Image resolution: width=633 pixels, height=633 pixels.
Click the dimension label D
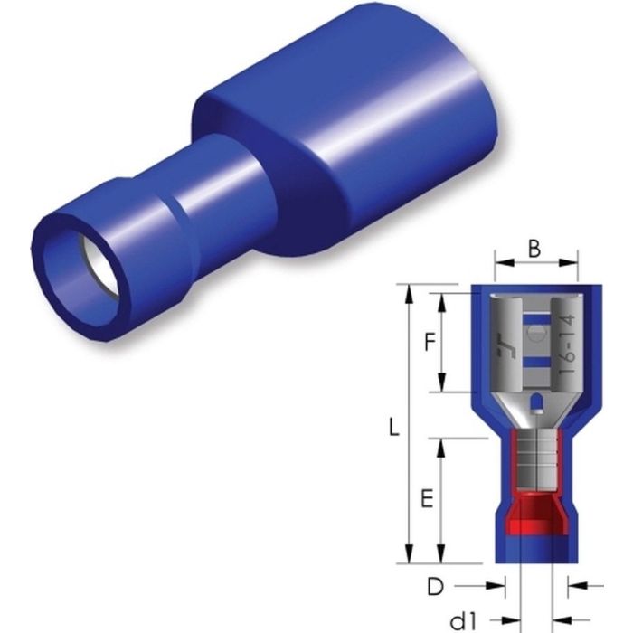coord(436,587)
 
